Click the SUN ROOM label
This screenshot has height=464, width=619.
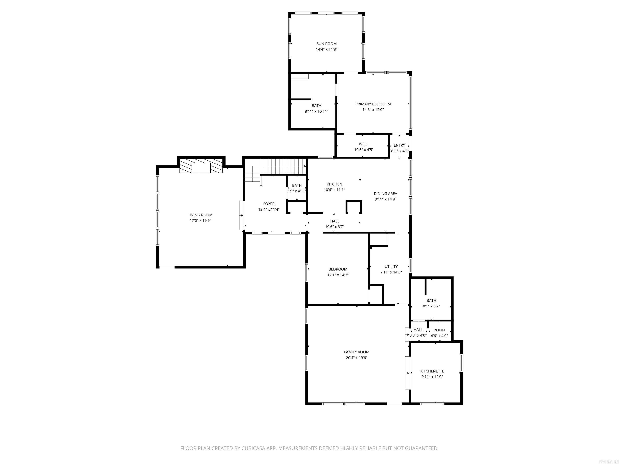[x=326, y=44]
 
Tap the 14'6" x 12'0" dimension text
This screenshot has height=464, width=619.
[x=373, y=110]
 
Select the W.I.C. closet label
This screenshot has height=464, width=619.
[x=364, y=144]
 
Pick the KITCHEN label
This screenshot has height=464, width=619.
[x=334, y=184]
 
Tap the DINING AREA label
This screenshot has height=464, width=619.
[x=385, y=194]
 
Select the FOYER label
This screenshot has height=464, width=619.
[x=269, y=204]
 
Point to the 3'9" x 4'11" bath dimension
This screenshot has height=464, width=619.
[x=297, y=191]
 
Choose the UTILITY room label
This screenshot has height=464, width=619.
[x=391, y=267]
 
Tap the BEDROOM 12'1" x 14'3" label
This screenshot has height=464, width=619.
[x=338, y=269]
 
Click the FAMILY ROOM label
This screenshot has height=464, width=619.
[x=356, y=352]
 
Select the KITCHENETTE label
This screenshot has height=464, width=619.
[x=432, y=371]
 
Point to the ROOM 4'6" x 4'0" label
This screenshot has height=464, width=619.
[x=439, y=330]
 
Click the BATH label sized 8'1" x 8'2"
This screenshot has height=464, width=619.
[x=431, y=300]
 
